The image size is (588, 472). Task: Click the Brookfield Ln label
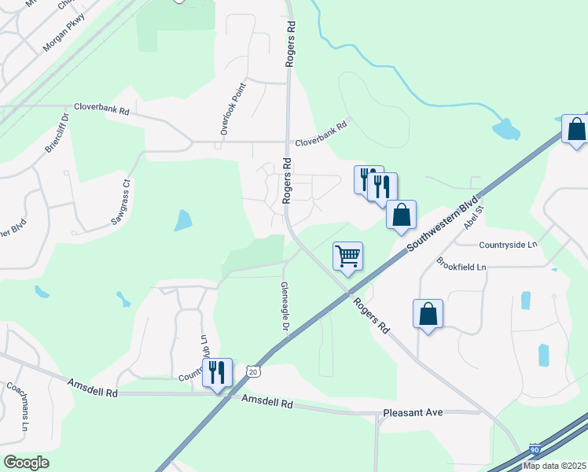[461, 267]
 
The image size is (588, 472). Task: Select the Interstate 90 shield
[536, 449]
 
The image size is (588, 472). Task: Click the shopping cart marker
[347, 255]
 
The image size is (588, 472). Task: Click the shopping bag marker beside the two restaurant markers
[401, 214]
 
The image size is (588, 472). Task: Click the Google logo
[27, 462]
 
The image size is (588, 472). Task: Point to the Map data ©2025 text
[555, 466]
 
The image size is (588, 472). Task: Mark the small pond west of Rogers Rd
[182, 220]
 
